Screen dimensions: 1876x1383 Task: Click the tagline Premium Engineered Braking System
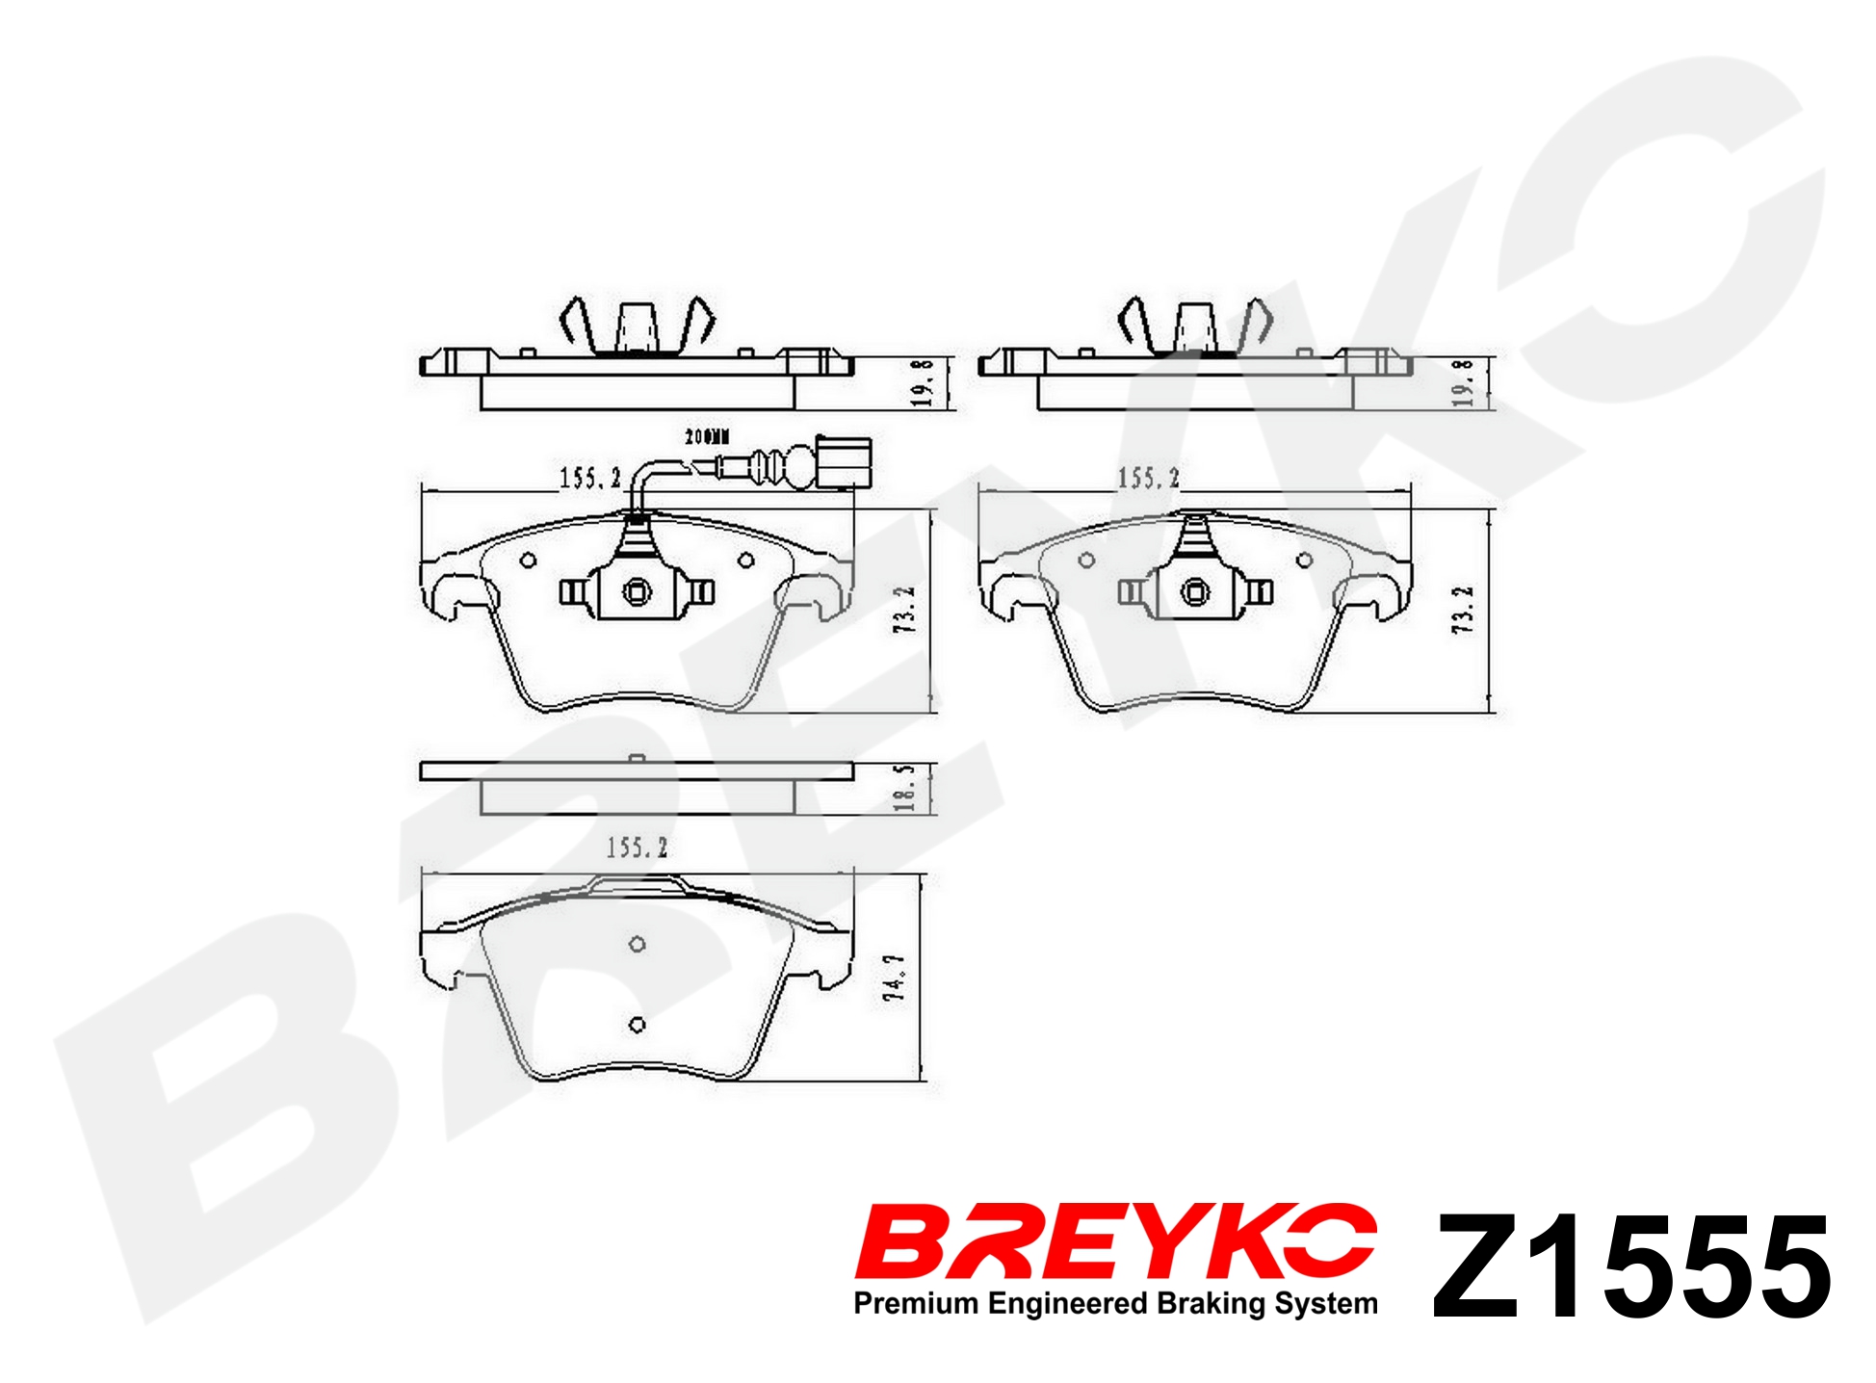[x=1116, y=1304]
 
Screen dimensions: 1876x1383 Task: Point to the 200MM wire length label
[x=707, y=436]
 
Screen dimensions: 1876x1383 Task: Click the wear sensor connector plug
[x=845, y=462]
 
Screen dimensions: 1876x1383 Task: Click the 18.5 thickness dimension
[x=904, y=788]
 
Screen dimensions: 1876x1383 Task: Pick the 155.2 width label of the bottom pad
[x=637, y=848]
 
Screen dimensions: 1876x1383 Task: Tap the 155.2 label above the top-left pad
[x=590, y=478]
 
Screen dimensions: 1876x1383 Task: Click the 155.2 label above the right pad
[x=1148, y=478]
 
